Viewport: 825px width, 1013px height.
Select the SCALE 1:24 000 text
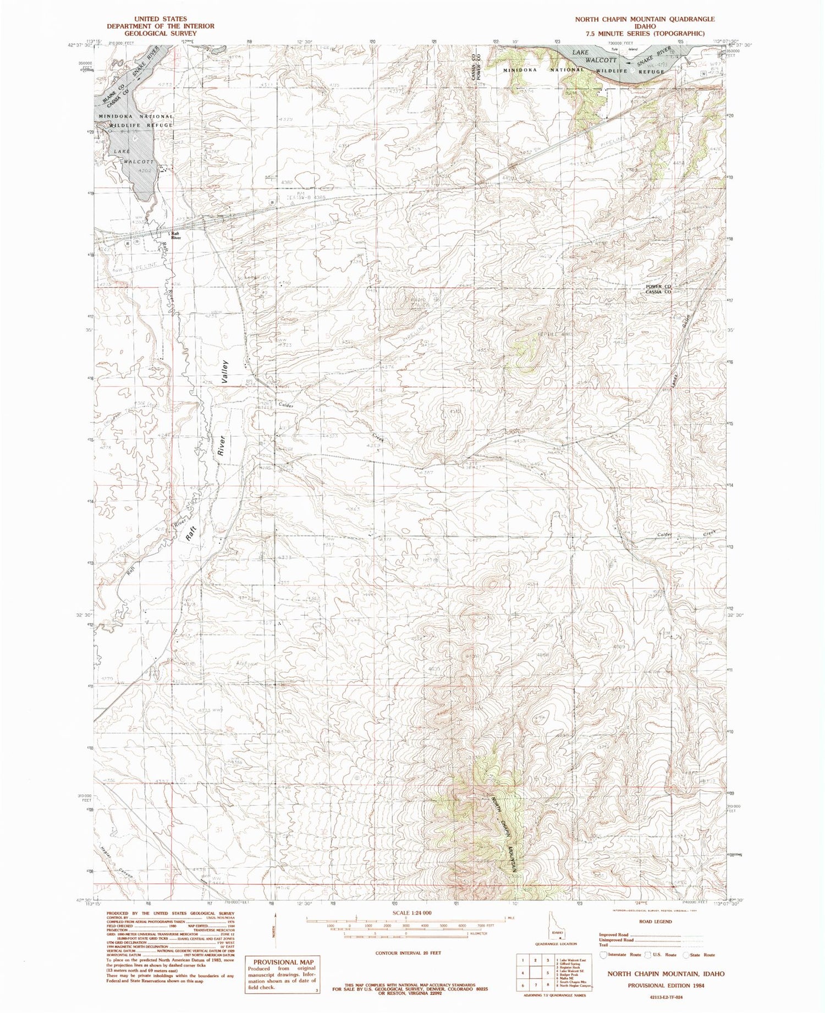(x=408, y=912)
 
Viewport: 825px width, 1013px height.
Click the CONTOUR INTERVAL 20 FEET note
(x=408, y=952)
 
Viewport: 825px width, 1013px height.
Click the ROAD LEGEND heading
(x=655, y=921)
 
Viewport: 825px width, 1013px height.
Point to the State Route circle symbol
(x=686, y=955)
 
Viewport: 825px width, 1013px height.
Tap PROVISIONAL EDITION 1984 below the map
(x=666, y=986)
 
